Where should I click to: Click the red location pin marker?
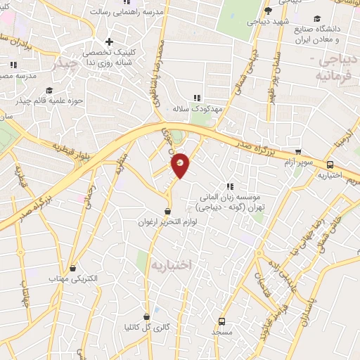coord(181,164)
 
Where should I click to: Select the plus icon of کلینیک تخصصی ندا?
coord(108,41)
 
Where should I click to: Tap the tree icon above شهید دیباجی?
coord(268,11)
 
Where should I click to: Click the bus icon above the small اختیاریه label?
coord(328,164)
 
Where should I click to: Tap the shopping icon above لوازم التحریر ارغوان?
coord(167,211)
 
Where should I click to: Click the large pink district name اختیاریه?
coord(170,265)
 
